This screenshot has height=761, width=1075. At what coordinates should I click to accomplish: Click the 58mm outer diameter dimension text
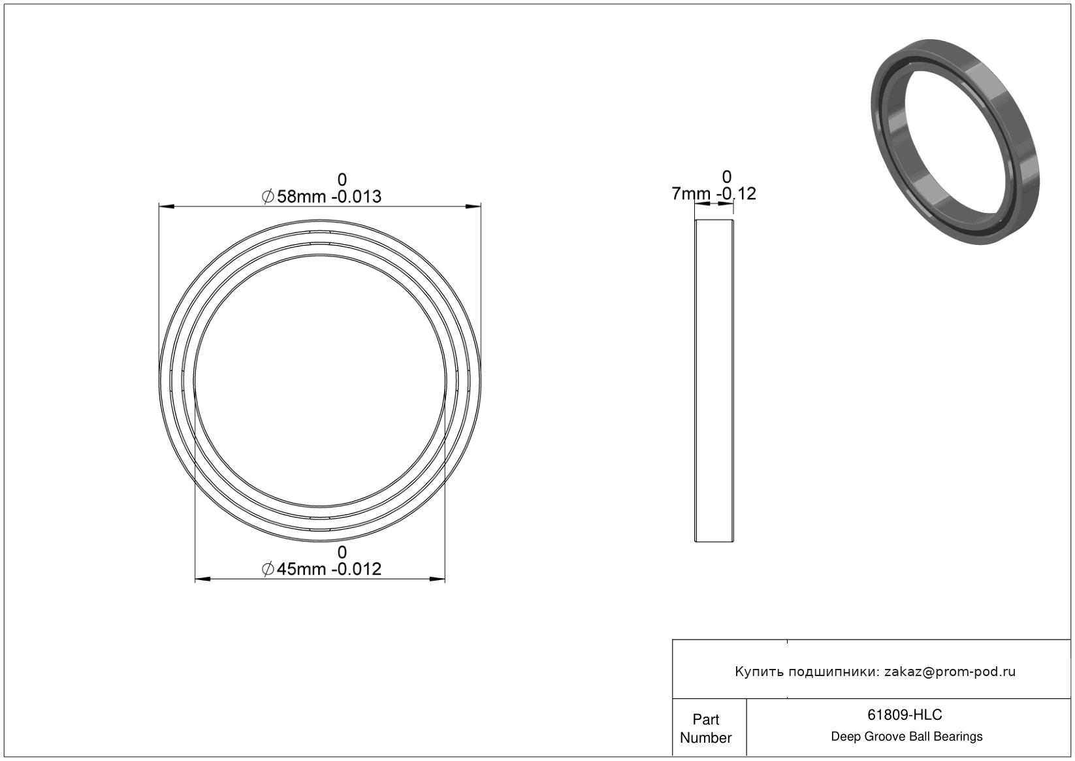tap(301, 197)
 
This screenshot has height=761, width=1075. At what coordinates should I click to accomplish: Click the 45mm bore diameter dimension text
tap(301, 569)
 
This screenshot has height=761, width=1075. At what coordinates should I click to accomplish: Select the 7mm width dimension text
tap(691, 193)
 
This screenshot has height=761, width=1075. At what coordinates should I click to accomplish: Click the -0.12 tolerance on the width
tap(736, 193)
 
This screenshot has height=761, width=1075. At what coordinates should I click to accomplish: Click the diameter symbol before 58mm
tap(268, 197)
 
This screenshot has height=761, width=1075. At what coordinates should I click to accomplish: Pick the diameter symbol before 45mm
tap(268, 569)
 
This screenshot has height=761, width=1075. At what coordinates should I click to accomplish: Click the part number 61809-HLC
tap(905, 715)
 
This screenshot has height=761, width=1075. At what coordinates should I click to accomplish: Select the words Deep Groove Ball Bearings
tap(907, 737)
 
